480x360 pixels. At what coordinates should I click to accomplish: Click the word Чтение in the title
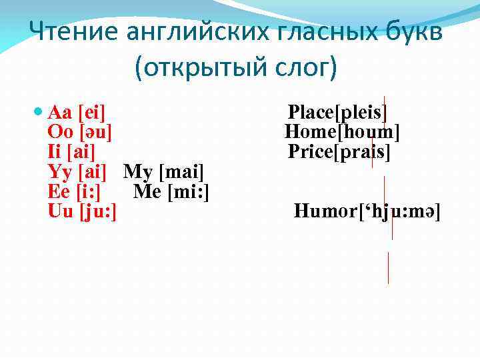[x=69, y=31]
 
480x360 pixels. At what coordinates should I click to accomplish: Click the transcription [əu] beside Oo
[x=95, y=131]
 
